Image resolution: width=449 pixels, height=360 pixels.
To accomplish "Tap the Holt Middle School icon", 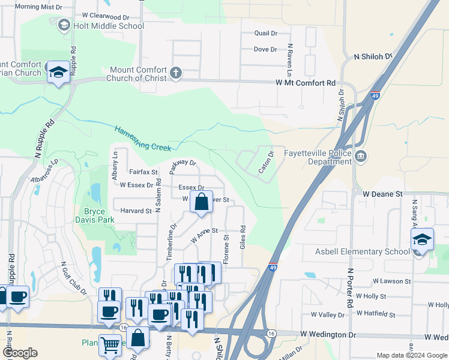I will click(x=64, y=25).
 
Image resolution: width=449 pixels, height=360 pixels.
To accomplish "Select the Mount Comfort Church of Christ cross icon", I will click(x=175, y=73).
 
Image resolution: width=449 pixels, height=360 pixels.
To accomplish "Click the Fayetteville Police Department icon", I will click(x=360, y=157).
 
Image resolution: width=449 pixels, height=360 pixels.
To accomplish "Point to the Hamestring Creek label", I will click(x=143, y=137).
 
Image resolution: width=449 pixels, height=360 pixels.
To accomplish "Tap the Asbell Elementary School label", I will click(x=363, y=251).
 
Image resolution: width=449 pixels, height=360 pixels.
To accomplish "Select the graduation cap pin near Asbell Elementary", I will click(x=422, y=239).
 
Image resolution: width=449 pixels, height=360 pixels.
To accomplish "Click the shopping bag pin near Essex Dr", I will click(x=202, y=202).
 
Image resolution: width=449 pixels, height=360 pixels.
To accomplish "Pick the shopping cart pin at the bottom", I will click(x=110, y=344).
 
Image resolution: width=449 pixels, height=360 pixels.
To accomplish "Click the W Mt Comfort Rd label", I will click(x=305, y=83).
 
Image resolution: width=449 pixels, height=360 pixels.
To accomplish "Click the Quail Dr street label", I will click(x=265, y=34).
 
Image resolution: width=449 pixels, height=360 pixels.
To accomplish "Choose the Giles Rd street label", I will click(x=243, y=238).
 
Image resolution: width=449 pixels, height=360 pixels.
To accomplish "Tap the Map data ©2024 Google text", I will click(x=411, y=355).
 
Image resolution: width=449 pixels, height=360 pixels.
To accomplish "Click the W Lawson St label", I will click(x=391, y=281).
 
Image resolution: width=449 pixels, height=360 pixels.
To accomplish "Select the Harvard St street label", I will click(x=136, y=211).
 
